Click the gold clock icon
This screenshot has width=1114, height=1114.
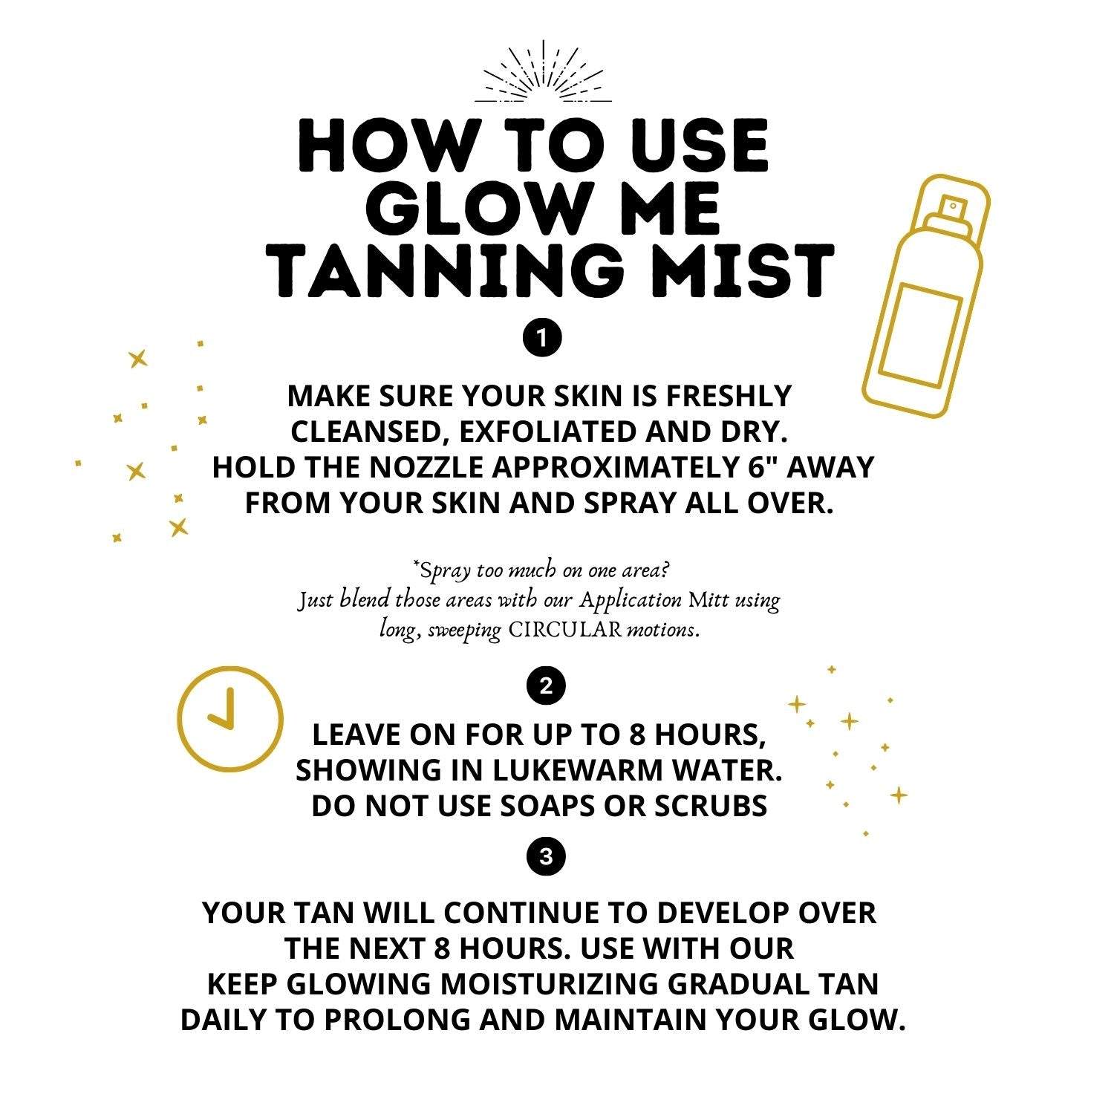click(230, 719)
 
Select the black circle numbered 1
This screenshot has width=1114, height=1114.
click(543, 339)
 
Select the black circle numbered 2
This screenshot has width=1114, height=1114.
click(546, 686)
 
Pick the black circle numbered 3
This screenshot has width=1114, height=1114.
click(546, 856)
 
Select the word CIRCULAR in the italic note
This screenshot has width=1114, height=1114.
click(564, 631)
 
